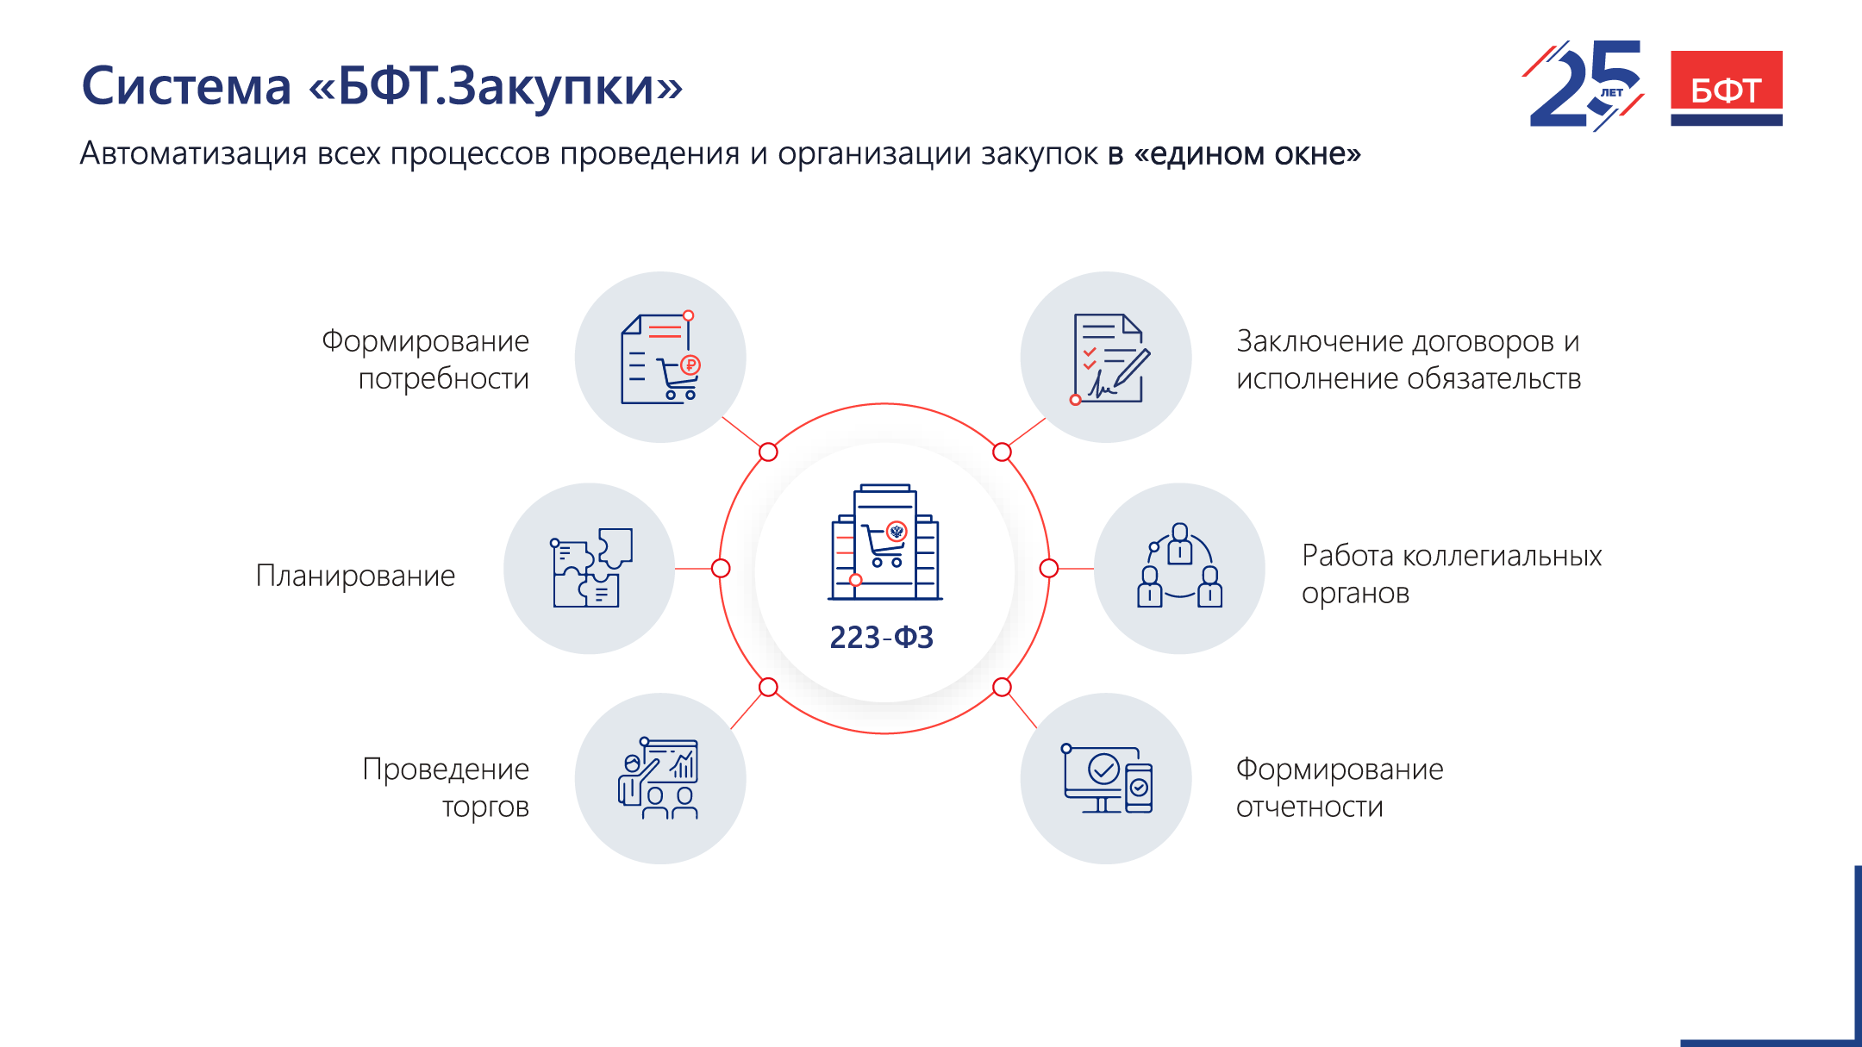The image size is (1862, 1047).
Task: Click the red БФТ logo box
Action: (x=1726, y=88)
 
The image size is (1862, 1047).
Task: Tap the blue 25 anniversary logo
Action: (x=1584, y=85)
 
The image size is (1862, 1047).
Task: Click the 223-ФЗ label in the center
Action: (x=881, y=638)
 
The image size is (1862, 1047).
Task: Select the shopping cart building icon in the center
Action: (x=884, y=542)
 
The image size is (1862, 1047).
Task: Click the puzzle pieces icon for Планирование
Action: (x=592, y=568)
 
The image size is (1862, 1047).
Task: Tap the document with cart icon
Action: (x=660, y=358)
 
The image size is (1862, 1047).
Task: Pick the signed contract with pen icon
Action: (x=1110, y=358)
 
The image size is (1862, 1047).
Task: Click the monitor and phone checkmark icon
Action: (x=1107, y=779)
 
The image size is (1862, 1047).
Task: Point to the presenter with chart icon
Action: (x=659, y=778)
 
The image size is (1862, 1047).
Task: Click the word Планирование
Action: (x=355, y=576)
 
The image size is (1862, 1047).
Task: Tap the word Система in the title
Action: (x=186, y=87)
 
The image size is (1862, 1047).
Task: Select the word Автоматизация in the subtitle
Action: (x=193, y=153)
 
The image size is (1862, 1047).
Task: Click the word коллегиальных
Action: (x=1502, y=556)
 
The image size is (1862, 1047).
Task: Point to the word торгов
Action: (x=485, y=807)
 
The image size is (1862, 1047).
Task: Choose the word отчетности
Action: (x=1309, y=807)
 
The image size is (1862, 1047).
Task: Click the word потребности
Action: (x=443, y=379)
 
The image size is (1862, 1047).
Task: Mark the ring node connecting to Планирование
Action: (x=721, y=569)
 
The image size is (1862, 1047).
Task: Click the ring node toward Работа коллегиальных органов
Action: (x=1048, y=569)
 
